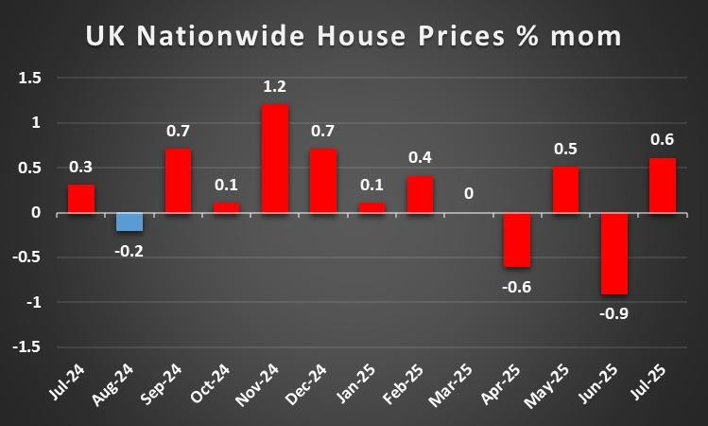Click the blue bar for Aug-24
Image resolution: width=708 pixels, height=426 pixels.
(130, 222)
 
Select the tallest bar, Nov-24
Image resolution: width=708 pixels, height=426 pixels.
(274, 158)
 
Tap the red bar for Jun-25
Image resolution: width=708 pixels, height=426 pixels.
(613, 254)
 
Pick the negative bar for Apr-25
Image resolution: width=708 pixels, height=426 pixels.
(516, 240)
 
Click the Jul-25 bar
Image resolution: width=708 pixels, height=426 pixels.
(662, 186)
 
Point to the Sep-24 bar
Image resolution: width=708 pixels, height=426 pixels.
(178, 181)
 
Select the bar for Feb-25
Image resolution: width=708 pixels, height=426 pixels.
(420, 194)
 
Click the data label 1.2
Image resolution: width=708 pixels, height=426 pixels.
(274, 87)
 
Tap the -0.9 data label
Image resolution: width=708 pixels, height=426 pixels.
(613, 313)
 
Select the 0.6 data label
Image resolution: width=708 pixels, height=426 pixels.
(662, 140)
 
